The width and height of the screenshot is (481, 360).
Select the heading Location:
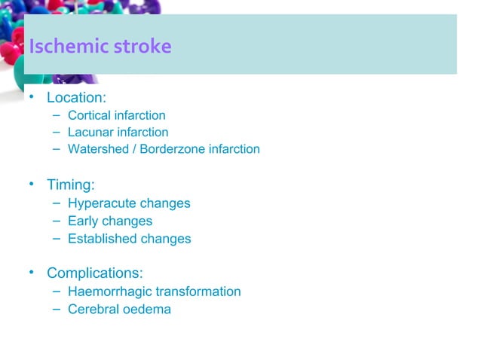click(75, 98)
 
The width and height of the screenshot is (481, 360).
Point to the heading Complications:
click(95, 273)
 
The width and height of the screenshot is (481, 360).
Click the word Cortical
click(89, 116)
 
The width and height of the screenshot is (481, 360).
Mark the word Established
click(99, 239)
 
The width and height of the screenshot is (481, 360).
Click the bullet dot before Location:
click(32, 97)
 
